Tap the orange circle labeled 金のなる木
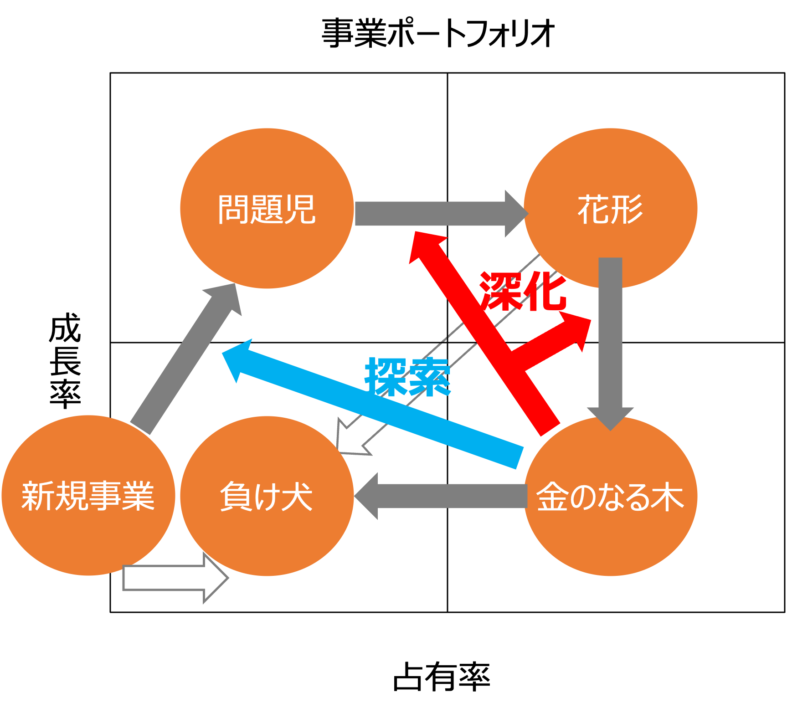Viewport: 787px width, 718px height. tap(611, 538)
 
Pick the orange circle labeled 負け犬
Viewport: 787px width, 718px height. tap(267, 538)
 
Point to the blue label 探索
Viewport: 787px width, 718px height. tap(408, 376)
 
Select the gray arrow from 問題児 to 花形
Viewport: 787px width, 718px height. tap(433, 214)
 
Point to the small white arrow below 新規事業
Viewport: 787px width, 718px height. tap(173, 578)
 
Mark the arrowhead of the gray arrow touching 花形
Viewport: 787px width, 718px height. tap(515, 214)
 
